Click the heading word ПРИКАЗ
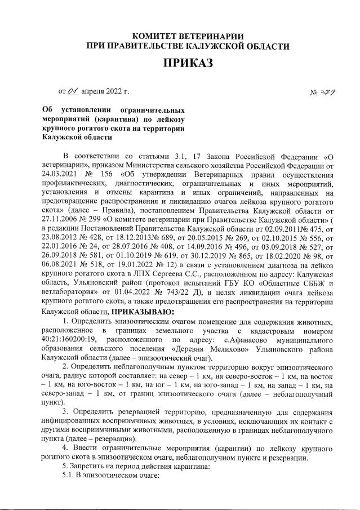[x=188, y=63]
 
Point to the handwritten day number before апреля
[x=73, y=90]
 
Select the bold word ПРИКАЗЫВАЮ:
[x=144, y=311]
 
